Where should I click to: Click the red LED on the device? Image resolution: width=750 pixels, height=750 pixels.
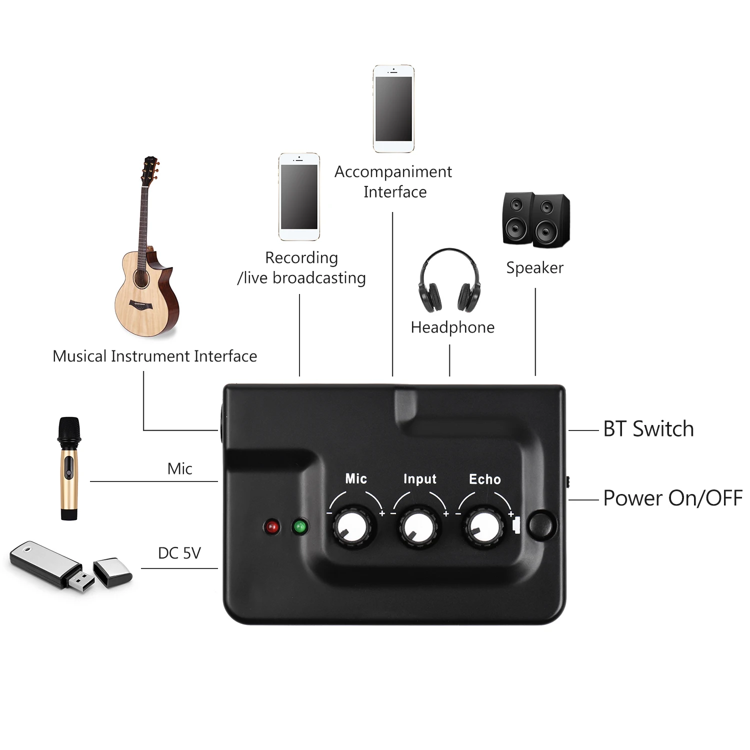pyautogui.click(x=272, y=526)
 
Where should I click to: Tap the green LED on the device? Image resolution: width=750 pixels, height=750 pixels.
pyautogui.click(x=300, y=526)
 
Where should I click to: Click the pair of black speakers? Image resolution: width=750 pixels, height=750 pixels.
pyautogui.click(x=535, y=220)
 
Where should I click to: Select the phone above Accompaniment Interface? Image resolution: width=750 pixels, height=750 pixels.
pyautogui.click(x=393, y=108)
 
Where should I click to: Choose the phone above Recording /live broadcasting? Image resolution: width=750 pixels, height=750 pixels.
pyautogui.click(x=299, y=196)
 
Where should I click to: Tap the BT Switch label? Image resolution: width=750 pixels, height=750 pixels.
pyautogui.click(x=648, y=429)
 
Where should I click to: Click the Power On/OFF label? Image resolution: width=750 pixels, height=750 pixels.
pyautogui.click(x=672, y=498)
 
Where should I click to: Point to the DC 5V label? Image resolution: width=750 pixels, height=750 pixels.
pyautogui.click(x=179, y=553)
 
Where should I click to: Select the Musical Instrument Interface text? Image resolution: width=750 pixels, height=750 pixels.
pyautogui.click(x=154, y=356)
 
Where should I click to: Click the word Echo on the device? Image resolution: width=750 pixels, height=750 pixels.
pyautogui.click(x=484, y=479)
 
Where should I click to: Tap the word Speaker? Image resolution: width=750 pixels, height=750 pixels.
pyautogui.click(x=534, y=267)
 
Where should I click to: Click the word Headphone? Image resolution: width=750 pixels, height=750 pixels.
pyautogui.click(x=452, y=327)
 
